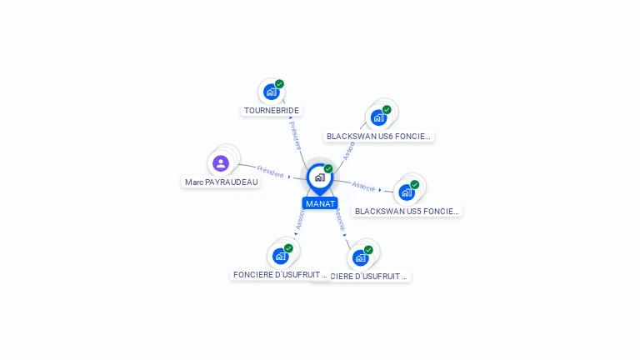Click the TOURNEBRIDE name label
point(272,110)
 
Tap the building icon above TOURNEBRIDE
point(270,92)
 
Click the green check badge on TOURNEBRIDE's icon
point(279,84)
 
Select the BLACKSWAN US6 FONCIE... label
point(379,136)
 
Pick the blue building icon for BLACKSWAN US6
point(378,117)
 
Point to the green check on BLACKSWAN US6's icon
point(387,110)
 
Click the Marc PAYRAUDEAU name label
point(222,182)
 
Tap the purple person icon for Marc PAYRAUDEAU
point(221,163)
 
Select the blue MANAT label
point(320,203)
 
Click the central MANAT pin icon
point(319,177)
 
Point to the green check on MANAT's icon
point(328,169)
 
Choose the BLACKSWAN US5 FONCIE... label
point(407,211)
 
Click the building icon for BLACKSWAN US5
point(406,192)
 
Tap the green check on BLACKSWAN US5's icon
point(415,185)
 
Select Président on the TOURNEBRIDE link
point(295,133)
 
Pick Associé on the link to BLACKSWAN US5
point(363,185)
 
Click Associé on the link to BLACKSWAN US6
point(350,149)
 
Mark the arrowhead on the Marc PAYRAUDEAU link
point(289,176)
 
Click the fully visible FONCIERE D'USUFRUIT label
point(280,274)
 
